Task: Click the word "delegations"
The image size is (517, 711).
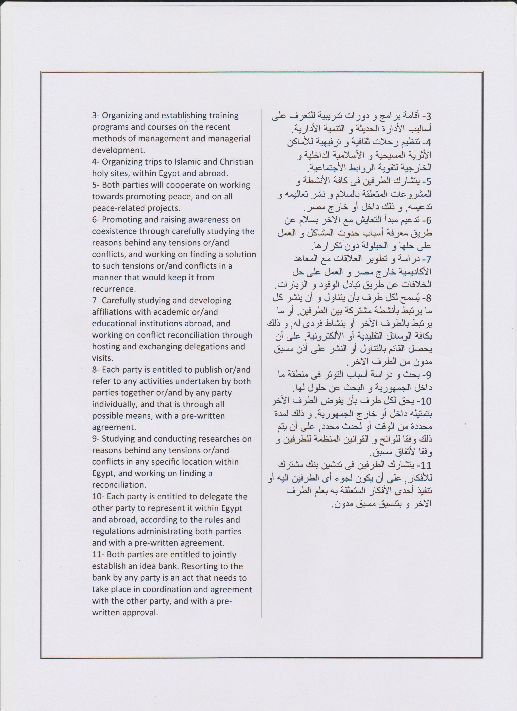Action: coord(212,346)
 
